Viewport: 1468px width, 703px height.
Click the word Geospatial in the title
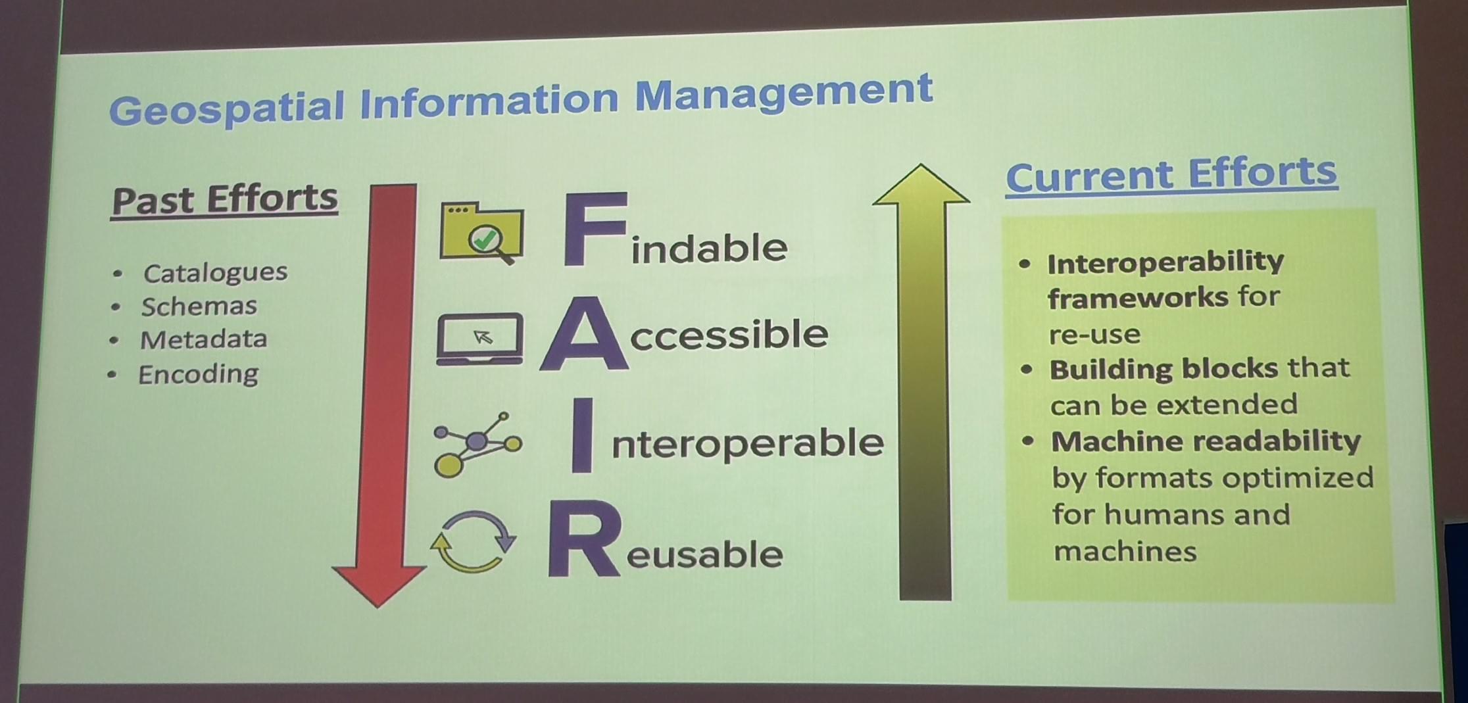coord(226,108)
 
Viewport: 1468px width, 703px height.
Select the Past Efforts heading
coord(224,200)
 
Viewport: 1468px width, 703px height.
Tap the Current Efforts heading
coord(1171,175)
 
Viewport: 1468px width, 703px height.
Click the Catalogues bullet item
coord(215,272)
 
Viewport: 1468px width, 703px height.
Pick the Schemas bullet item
coord(199,306)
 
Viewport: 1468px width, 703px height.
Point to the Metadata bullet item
coord(203,339)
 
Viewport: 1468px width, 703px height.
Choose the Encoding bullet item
coord(198,374)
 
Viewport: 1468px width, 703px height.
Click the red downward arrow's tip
coord(378,606)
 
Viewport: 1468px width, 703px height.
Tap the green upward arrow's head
coord(921,183)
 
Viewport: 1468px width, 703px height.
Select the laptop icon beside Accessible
coord(480,338)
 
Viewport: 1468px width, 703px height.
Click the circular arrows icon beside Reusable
coord(473,543)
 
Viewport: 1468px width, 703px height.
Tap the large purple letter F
coord(594,230)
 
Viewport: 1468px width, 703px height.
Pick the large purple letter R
coord(583,539)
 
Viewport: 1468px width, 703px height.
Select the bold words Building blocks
coord(1163,369)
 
